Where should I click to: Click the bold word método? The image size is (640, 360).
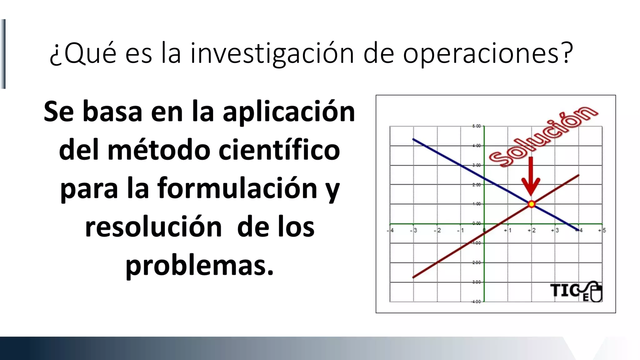(159, 150)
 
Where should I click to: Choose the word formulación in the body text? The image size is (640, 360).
(237, 188)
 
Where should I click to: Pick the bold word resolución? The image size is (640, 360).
(153, 227)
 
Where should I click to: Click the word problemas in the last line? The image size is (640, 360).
(200, 266)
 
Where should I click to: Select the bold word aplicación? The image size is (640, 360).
(289, 112)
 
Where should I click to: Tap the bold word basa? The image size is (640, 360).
(112, 112)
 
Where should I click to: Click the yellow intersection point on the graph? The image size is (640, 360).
(531, 204)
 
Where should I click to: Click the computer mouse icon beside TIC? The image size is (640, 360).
(595, 292)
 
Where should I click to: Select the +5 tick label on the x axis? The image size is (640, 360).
(602, 230)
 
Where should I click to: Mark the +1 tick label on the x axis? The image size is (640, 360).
(507, 230)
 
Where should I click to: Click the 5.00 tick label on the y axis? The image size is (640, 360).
(476, 126)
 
